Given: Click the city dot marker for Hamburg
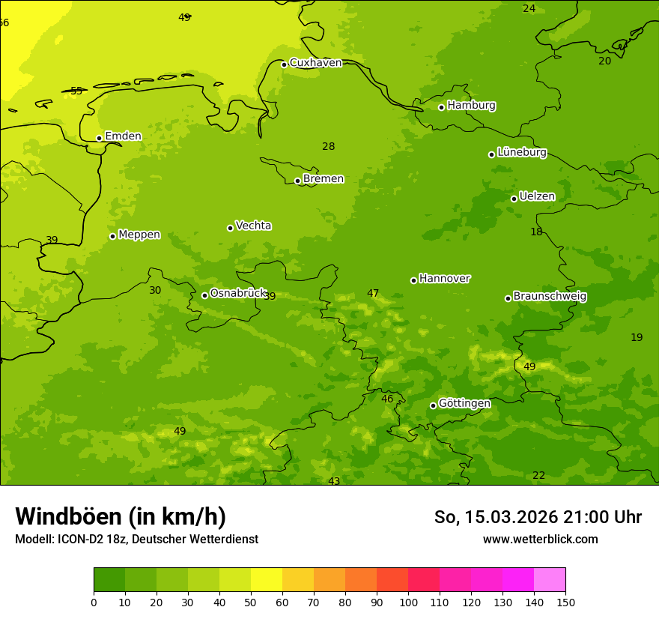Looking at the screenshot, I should point(442,107).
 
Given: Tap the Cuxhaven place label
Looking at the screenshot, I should point(315,63).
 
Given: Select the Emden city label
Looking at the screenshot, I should point(123,136).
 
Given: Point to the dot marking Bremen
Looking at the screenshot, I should point(297,181).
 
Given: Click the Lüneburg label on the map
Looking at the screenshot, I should point(521,153).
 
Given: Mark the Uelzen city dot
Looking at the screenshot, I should point(514,199).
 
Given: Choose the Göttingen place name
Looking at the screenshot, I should point(464,404).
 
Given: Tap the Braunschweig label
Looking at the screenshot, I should point(550,297).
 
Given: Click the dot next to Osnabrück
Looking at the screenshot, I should point(204,295).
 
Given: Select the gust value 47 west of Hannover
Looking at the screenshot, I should point(373,294).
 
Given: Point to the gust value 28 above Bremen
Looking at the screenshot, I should point(329,147).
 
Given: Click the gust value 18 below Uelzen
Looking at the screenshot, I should point(536,232).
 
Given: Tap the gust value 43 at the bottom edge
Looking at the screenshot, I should point(334,481).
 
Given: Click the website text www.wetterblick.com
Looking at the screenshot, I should point(540,540).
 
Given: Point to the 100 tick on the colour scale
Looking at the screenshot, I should point(408,602).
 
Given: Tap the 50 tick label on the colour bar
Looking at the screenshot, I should point(251,602).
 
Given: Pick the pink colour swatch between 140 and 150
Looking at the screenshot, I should point(550,580).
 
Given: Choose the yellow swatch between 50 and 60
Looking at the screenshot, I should point(267,580).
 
